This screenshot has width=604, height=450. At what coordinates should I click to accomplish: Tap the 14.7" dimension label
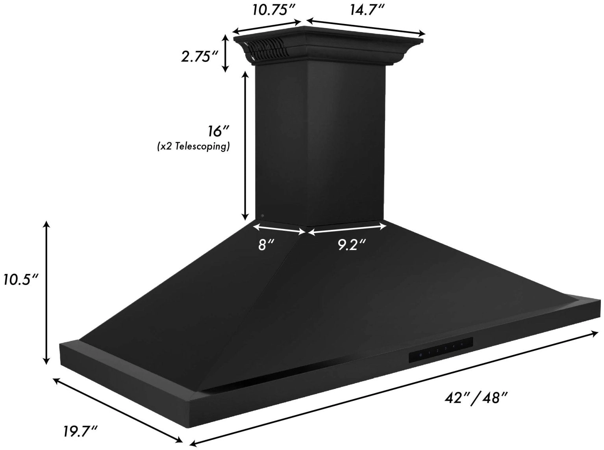367,9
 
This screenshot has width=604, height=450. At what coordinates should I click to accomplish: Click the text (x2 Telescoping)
193,147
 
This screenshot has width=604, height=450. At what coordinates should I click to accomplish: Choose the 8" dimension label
266,245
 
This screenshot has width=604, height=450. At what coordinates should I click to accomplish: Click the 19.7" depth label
80,431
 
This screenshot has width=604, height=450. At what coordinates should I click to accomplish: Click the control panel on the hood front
441,348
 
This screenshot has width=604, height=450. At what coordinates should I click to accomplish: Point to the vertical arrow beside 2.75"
225,54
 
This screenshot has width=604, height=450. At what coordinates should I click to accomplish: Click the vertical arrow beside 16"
245,146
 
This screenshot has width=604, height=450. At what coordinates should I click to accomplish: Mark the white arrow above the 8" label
279,230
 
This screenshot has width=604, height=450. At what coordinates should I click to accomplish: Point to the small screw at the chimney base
262,216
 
